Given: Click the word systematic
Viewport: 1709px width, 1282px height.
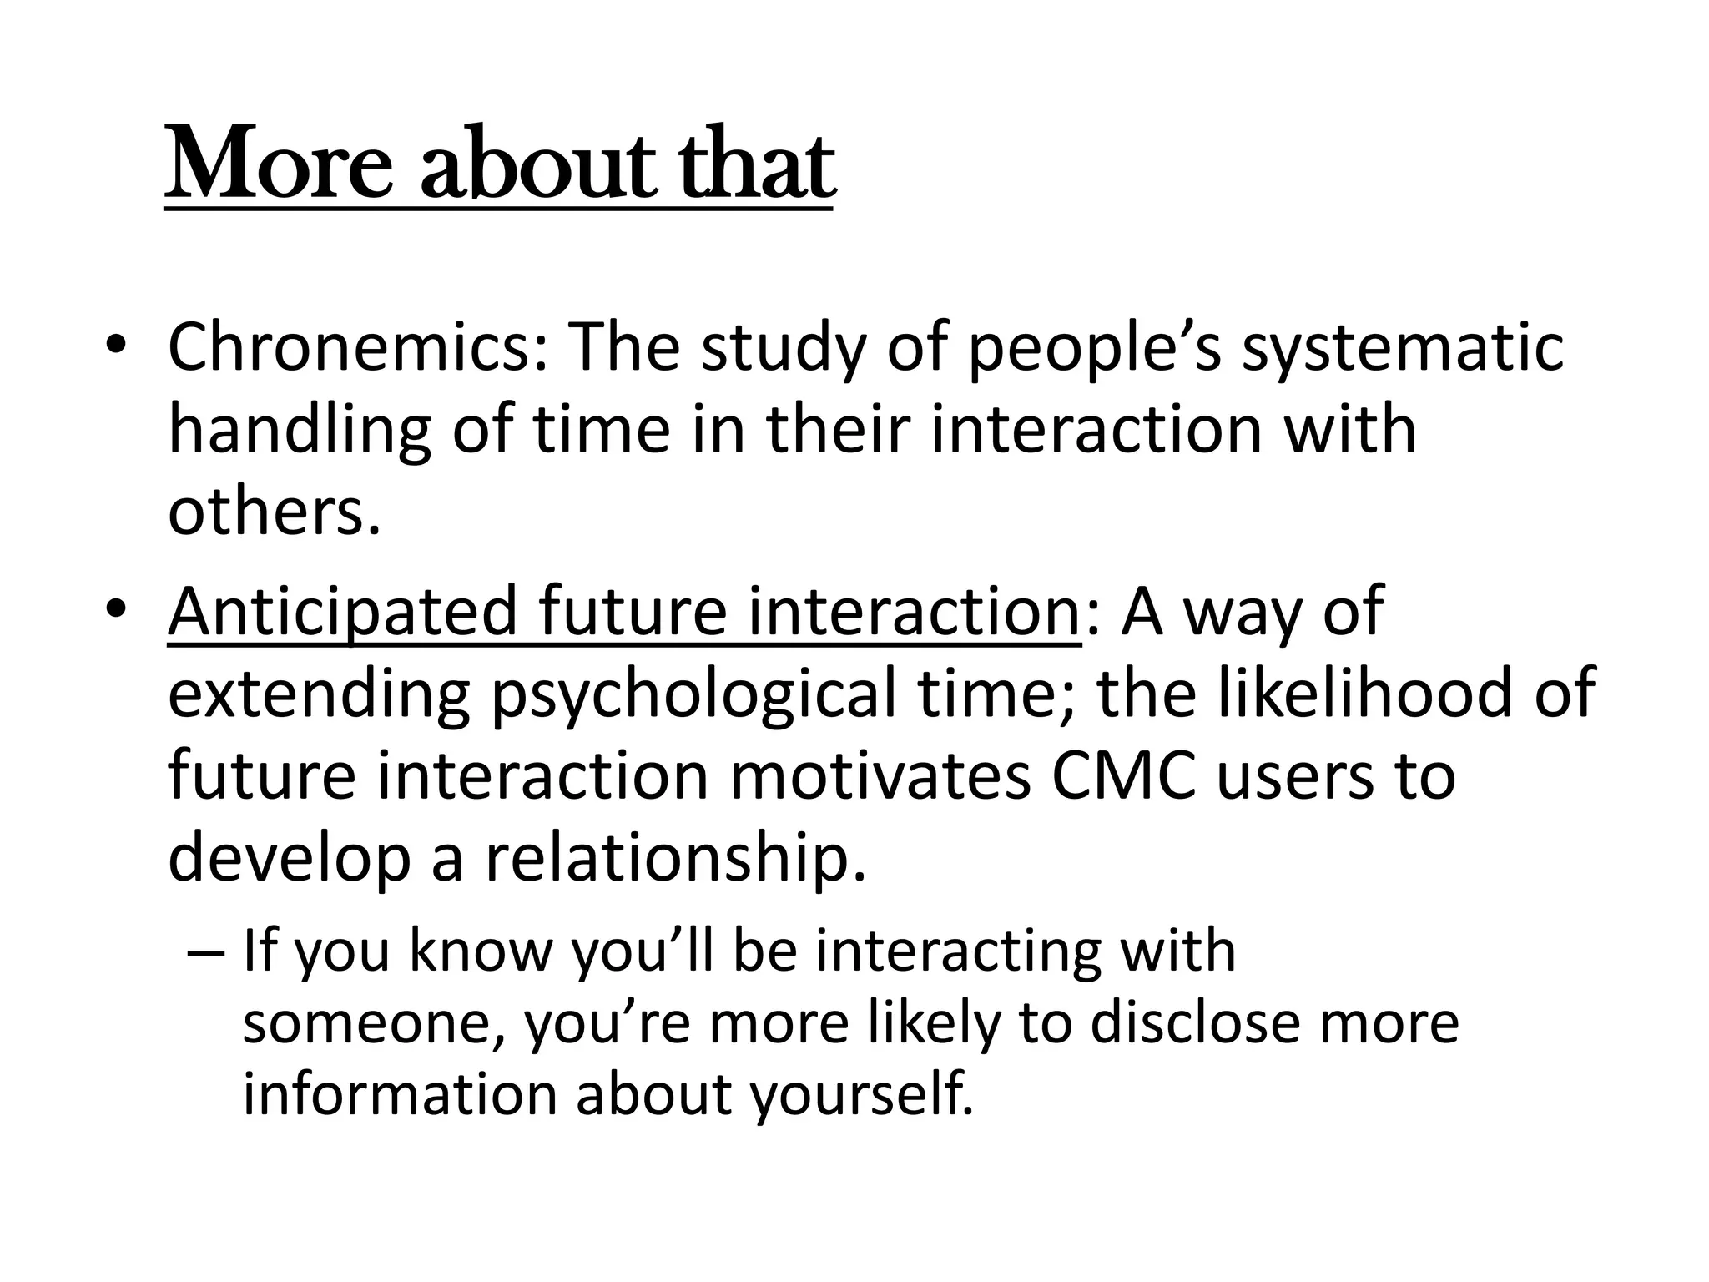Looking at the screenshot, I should point(1402,348).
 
